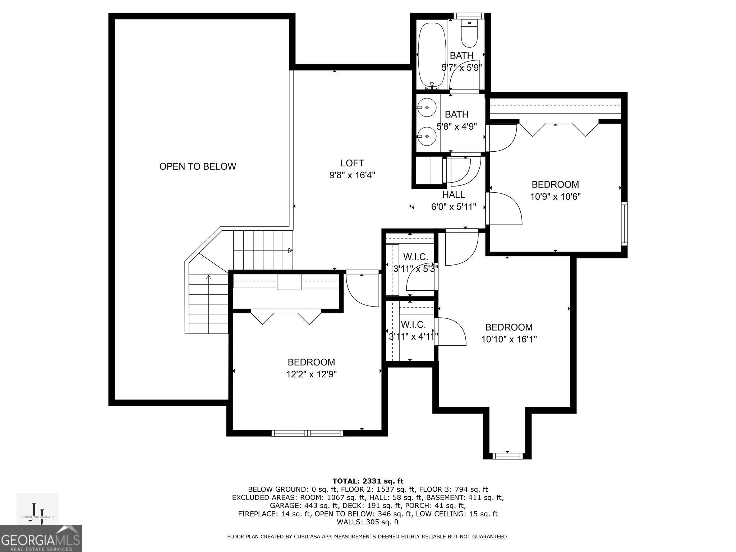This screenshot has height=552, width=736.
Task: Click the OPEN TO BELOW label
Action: pos(198,166)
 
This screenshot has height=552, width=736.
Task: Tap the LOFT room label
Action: pos(352,163)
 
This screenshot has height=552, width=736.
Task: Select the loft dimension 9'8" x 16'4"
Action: pos(352,175)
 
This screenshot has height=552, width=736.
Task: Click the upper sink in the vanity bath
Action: pos(427,107)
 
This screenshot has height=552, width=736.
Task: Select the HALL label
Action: pos(454,194)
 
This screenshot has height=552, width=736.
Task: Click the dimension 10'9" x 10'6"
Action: pos(556,197)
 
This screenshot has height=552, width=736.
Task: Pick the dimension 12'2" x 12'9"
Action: pos(312,374)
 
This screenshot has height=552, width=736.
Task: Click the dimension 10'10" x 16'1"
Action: pos(509,339)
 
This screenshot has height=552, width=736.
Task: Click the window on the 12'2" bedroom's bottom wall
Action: pos(308,433)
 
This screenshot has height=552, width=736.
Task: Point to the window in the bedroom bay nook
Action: pos(507,456)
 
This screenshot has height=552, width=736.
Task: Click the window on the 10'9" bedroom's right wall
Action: pos(625,224)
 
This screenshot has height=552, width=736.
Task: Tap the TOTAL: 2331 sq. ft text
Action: pos(368,481)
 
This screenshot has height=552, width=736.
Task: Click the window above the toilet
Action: pos(469,16)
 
